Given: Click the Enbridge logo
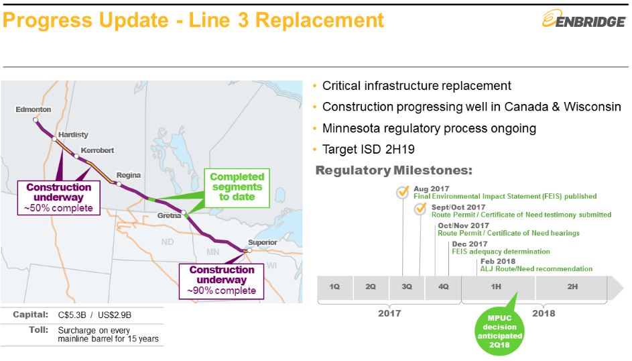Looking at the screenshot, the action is [584, 19].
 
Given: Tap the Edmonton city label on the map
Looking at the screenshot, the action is [33, 109].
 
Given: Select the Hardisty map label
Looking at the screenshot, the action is [73, 134].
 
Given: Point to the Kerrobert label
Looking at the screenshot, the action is [97, 150].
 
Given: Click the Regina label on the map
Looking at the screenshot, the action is [129, 175].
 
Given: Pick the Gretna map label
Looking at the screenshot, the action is [169, 215].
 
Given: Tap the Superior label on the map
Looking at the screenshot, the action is [263, 242].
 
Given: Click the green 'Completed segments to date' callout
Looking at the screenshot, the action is [237, 188].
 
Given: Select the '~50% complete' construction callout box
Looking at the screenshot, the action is [59, 198].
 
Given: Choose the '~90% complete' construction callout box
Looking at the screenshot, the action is [221, 281].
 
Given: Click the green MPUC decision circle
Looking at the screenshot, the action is [499, 331].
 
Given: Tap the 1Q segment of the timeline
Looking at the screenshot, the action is [335, 287].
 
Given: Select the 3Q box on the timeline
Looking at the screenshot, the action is [407, 287].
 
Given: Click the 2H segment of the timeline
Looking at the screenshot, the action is [572, 287].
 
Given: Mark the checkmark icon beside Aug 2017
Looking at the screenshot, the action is [402, 192].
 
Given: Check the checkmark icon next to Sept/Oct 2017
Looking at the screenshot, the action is [420, 209].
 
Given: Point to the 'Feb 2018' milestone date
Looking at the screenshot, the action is [498, 262].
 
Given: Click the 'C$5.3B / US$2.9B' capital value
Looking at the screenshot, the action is [94, 315].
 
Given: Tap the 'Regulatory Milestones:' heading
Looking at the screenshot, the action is [394, 170].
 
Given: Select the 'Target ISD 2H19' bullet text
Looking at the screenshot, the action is [369, 150].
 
